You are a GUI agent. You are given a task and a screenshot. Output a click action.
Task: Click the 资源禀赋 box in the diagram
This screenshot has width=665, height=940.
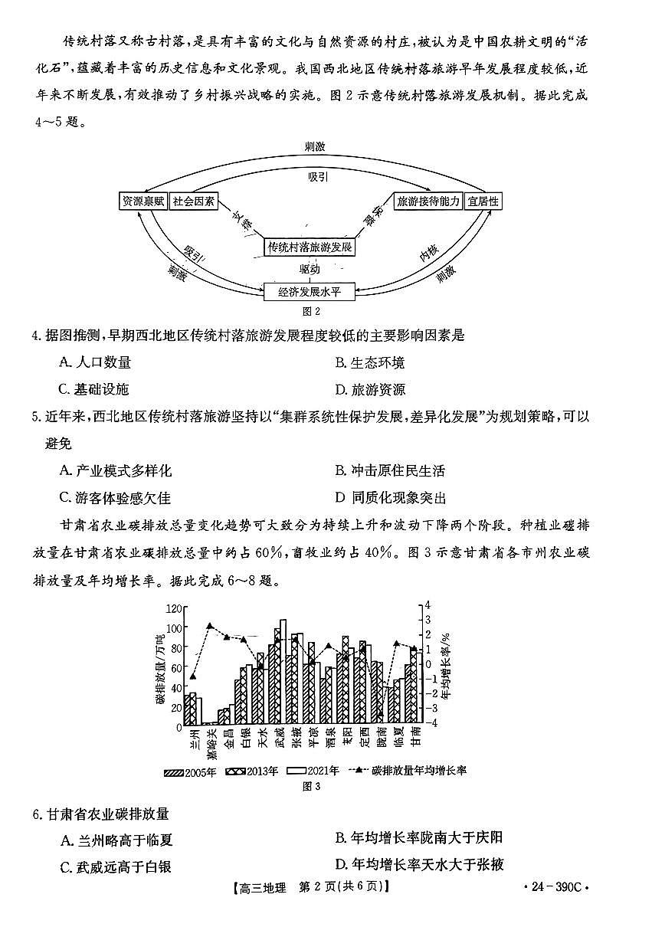143,201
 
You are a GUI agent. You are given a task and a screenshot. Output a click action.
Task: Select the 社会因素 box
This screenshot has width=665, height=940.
193,201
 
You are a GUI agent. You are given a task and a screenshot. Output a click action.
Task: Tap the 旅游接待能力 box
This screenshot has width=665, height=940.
427,201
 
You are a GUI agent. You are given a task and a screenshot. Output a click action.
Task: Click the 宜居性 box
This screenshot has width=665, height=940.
483,201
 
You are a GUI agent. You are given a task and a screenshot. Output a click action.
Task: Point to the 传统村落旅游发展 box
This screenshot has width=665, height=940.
310,247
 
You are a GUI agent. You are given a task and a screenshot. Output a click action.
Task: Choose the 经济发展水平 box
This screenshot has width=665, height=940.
310,291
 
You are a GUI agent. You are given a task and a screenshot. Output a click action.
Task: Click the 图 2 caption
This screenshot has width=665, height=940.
310,312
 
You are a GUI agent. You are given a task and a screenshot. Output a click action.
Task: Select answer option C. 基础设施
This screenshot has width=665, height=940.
94,388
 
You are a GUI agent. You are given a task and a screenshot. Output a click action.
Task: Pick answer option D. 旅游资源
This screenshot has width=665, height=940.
370,388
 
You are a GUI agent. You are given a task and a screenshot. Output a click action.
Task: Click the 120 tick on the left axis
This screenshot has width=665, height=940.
175,608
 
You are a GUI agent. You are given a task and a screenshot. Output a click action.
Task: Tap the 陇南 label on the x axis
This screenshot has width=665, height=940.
380,742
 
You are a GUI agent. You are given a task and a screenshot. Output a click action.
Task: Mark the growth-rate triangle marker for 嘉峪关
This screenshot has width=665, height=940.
210,626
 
